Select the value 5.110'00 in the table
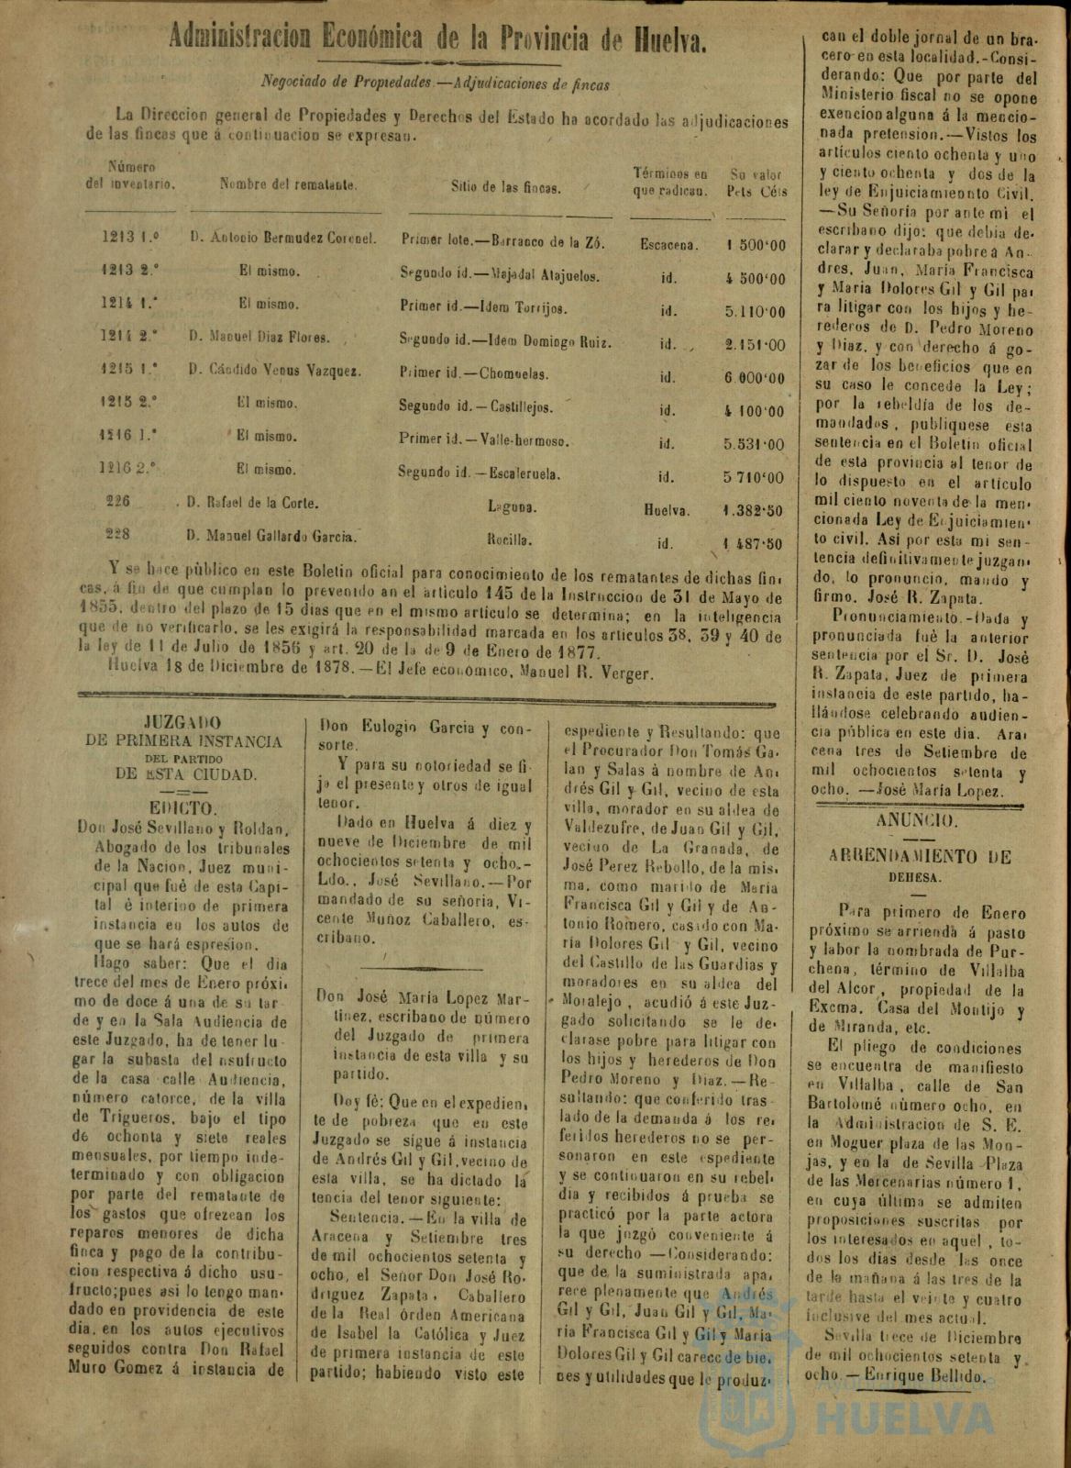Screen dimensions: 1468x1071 pyautogui.click(x=755, y=311)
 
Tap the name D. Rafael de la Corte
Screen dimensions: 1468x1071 pyautogui.click(x=252, y=503)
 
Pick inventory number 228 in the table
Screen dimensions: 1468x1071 pyautogui.click(x=117, y=533)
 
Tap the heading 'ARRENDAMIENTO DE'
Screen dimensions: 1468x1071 pyautogui.click(x=906, y=857)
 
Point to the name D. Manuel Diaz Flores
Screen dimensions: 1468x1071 pyautogui.click(x=259, y=337)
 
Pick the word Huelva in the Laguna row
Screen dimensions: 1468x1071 pyautogui.click(x=667, y=511)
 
